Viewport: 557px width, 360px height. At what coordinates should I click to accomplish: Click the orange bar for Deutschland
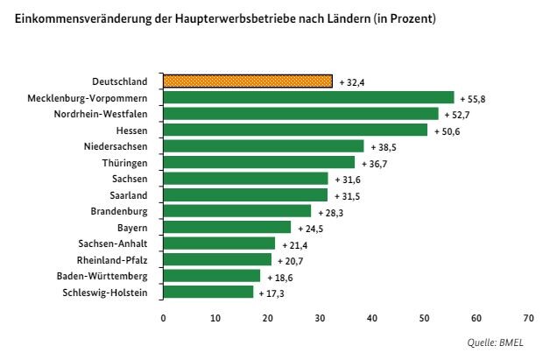[x=248, y=81]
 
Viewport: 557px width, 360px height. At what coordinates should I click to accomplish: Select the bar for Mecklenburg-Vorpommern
[x=308, y=97]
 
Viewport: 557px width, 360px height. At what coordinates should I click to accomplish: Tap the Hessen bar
[x=295, y=130]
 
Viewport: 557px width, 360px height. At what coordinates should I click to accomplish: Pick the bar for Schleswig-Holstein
[x=208, y=292]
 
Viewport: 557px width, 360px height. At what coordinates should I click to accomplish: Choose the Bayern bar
[x=227, y=227]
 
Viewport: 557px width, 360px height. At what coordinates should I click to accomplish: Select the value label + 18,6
[x=281, y=276]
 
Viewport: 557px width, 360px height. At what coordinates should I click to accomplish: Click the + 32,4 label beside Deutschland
[x=353, y=81]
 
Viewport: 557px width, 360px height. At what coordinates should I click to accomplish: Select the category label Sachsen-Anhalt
[x=112, y=244]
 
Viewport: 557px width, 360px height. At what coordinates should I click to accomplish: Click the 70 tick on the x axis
[x=528, y=318]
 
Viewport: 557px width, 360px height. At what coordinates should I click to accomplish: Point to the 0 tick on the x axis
[x=163, y=318]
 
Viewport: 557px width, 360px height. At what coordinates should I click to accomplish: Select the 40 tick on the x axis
[x=371, y=318]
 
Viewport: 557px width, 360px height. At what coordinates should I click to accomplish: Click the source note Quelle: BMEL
[x=511, y=344]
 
